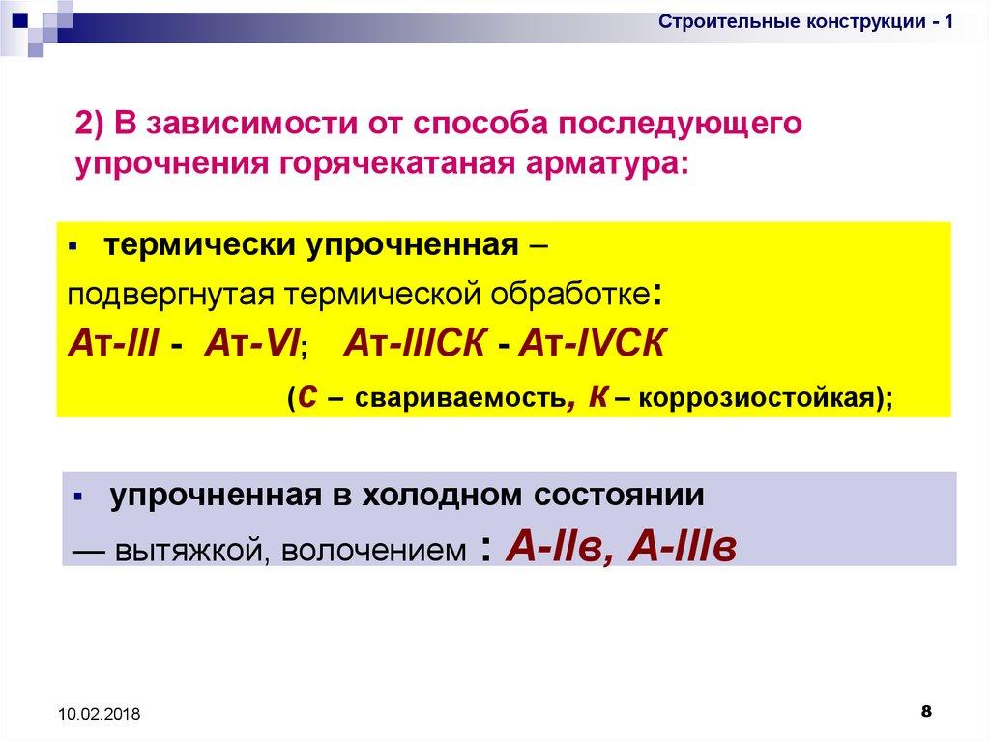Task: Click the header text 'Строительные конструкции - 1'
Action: pos(805,22)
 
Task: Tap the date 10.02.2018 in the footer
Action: pos(100,714)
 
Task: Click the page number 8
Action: pos(926,711)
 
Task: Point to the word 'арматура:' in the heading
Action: pos(606,164)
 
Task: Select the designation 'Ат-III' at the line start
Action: pos(113,344)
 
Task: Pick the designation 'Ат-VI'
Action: pos(251,344)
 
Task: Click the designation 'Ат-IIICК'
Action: pos(416,344)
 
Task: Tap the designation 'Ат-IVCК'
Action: pos(592,344)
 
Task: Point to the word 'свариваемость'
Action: pos(459,398)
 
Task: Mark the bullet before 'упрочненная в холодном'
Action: pos(77,497)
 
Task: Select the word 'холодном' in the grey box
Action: pos(443,495)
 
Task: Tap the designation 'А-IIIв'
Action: pos(683,547)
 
